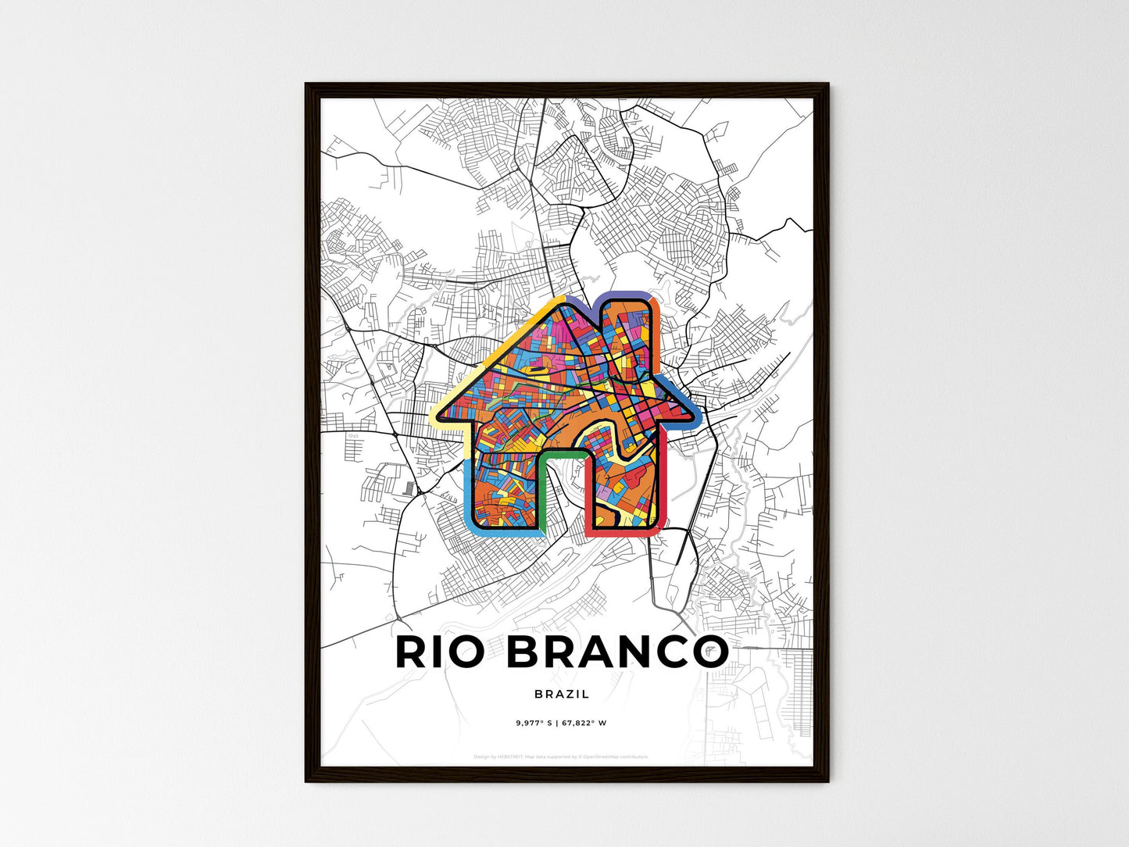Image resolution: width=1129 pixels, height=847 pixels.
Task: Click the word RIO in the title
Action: point(439,652)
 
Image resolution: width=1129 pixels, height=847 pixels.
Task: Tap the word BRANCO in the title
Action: point(617,652)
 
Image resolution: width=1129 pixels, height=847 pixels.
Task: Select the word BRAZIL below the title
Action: point(563,694)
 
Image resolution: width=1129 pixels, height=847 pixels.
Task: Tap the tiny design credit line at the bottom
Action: point(561,756)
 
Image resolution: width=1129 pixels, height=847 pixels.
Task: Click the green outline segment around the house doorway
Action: point(563,452)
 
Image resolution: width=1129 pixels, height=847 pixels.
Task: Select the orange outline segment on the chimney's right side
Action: point(657,313)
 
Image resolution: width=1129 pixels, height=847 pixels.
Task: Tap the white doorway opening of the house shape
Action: point(563,500)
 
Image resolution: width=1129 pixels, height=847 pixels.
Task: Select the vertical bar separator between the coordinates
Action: point(556,724)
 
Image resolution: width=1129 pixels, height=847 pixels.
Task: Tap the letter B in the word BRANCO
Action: point(526,652)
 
